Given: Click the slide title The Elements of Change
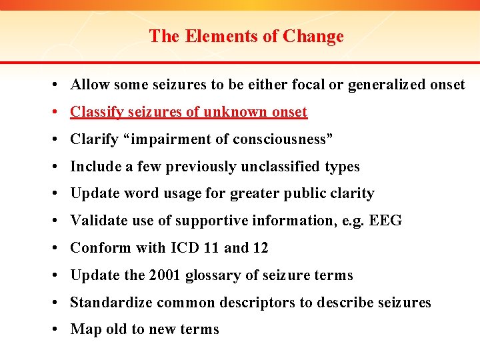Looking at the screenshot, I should pos(246,36).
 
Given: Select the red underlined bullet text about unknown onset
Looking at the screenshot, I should pos(189,112).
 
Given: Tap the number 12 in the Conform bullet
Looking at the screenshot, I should pos(261,248).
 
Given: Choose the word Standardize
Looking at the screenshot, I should pos(111,303).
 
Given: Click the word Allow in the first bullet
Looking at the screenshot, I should pos(90,85).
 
